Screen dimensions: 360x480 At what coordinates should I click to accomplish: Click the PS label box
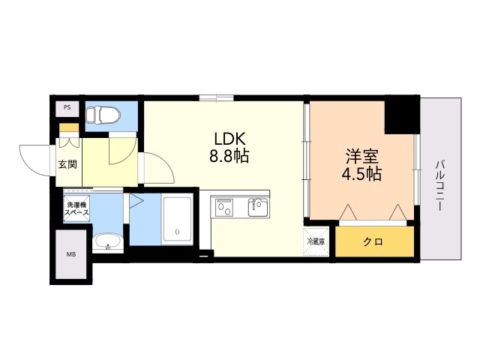[x=67, y=107]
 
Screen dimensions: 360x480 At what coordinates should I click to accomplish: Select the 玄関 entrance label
[x=67, y=163]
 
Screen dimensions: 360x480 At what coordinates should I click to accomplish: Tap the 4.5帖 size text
[x=362, y=175]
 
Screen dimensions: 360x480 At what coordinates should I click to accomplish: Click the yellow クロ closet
[x=373, y=241]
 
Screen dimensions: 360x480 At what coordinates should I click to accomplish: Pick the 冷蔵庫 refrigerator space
[x=316, y=241]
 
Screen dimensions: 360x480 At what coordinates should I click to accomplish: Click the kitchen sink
[x=257, y=205]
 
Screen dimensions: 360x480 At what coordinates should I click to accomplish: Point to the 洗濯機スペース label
[x=76, y=209]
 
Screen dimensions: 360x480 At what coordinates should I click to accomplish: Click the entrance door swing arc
[x=34, y=156]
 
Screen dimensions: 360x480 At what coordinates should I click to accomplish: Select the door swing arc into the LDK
[x=154, y=168]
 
